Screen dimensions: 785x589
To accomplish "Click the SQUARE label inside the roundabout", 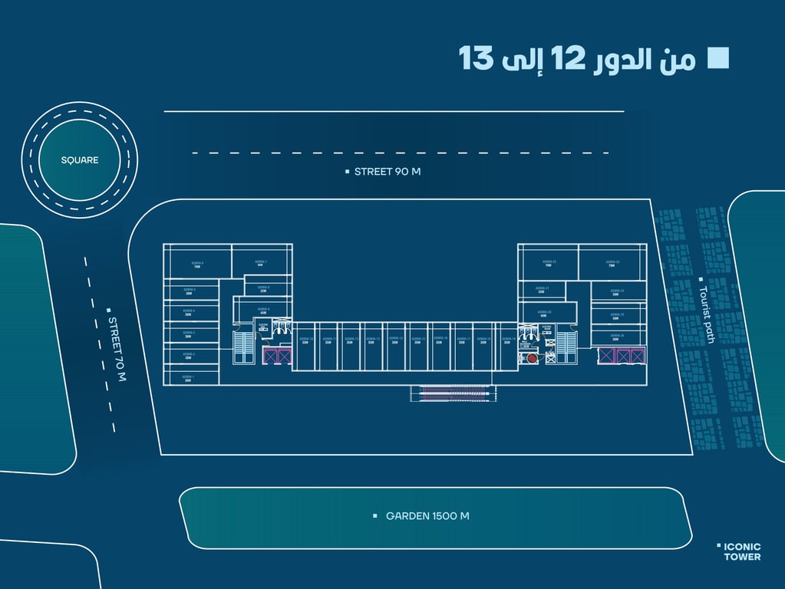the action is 80,160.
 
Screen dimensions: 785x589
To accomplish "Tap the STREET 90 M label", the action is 387,172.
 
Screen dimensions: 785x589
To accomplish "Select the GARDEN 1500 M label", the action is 427,516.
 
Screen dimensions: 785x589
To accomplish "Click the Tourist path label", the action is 706,314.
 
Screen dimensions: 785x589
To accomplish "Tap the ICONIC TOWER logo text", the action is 742,551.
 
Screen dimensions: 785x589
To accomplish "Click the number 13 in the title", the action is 476,59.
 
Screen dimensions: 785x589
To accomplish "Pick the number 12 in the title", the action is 569,59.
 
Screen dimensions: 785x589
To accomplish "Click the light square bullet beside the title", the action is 718,58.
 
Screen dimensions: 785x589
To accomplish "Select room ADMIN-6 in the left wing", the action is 197,263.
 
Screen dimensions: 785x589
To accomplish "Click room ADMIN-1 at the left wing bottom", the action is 188,378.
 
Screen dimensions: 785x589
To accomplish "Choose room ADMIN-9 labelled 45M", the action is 263,311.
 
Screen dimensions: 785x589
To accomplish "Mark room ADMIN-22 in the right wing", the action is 549,263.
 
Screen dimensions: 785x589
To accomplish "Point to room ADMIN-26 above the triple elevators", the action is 616,337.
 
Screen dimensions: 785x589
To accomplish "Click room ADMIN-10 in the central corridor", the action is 305,341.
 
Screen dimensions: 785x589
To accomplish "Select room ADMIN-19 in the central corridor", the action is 506,341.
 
